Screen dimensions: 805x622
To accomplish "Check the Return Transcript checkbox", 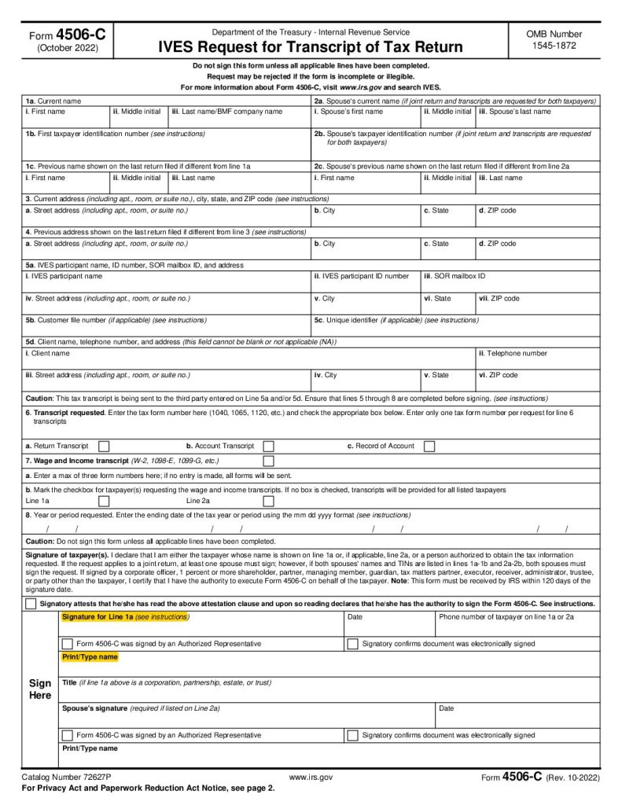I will [104, 447].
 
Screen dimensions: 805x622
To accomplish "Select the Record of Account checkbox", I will [429, 447].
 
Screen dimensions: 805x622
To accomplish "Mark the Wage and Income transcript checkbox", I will [268, 461].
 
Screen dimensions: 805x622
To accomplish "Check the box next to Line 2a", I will [268, 501].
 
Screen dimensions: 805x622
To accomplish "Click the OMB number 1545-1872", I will [554, 46].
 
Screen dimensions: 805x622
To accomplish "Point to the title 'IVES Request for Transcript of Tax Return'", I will [311, 47].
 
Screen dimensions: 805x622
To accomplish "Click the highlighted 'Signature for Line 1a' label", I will [125, 617].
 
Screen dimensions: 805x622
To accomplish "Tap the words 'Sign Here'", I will [40, 689].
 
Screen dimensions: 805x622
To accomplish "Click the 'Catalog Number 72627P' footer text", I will [66, 777].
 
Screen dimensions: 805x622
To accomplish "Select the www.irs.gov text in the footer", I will [311, 777].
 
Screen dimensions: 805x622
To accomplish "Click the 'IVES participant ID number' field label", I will [362, 277].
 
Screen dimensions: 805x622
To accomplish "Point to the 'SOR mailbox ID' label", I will [456, 277].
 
